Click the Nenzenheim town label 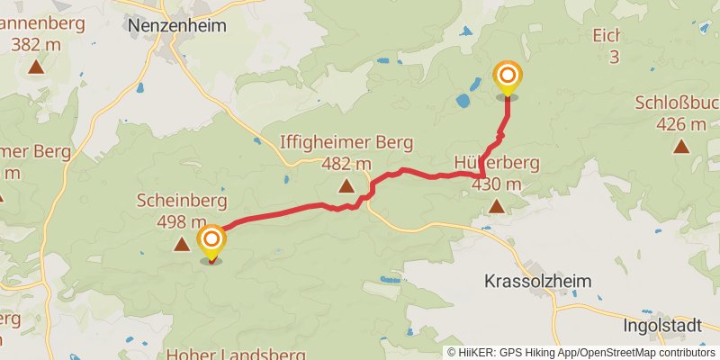177,26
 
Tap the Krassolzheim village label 538,281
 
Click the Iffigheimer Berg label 346,142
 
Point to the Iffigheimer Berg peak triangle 346,186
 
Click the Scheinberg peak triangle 182,243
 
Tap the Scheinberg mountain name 182,200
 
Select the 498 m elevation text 182,221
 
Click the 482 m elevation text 346,164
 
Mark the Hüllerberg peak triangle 496,207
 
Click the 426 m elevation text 681,124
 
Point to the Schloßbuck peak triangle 681,146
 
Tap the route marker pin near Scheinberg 211,240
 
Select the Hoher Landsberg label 236,354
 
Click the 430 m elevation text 496,184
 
